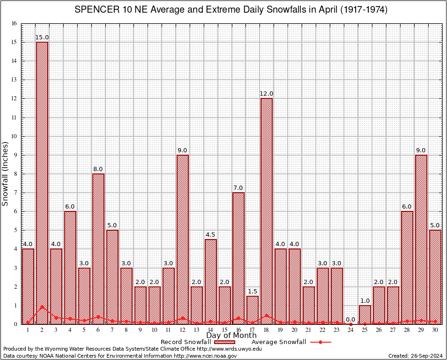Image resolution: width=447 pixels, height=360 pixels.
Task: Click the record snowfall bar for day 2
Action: (x=42, y=183)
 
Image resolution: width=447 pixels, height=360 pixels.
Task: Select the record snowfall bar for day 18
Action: (x=267, y=211)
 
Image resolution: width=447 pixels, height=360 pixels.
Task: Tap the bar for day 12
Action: (x=182, y=239)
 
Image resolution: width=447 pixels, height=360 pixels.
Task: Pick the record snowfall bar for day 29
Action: (x=421, y=239)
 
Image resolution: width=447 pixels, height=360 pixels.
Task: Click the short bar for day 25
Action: (x=365, y=315)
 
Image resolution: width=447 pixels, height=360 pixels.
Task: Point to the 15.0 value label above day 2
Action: (x=42, y=37)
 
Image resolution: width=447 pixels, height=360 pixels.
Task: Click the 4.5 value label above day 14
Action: (x=210, y=235)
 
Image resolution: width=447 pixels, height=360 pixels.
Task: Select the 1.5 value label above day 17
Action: (x=253, y=292)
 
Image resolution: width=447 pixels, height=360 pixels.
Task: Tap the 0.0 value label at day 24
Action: (x=350, y=320)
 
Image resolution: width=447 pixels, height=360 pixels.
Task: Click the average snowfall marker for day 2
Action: (x=42, y=307)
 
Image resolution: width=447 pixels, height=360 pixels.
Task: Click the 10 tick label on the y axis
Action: (x=14, y=136)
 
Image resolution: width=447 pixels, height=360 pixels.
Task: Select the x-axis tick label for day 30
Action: (x=435, y=330)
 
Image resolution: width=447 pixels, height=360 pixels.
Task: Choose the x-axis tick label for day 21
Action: (x=308, y=330)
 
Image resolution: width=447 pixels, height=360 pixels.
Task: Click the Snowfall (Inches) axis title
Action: (x=5, y=174)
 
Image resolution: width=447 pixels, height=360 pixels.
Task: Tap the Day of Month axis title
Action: (x=231, y=336)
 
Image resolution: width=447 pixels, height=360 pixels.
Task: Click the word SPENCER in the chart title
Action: (x=96, y=10)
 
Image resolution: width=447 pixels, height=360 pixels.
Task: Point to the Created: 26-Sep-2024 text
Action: (x=415, y=356)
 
